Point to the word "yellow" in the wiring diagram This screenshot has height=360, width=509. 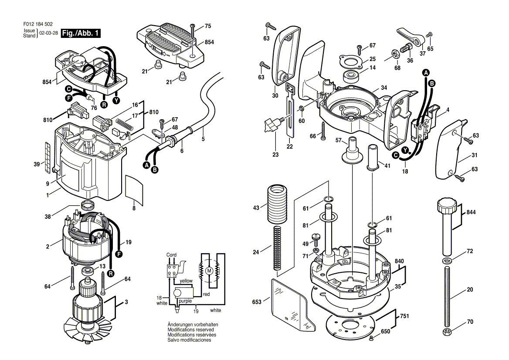click(x=187, y=281)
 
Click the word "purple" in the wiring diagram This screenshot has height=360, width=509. click(x=185, y=301)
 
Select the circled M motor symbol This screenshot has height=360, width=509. click(x=209, y=271)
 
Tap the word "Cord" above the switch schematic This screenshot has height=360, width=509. click(x=171, y=255)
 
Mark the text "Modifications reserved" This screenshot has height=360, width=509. click(x=192, y=330)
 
